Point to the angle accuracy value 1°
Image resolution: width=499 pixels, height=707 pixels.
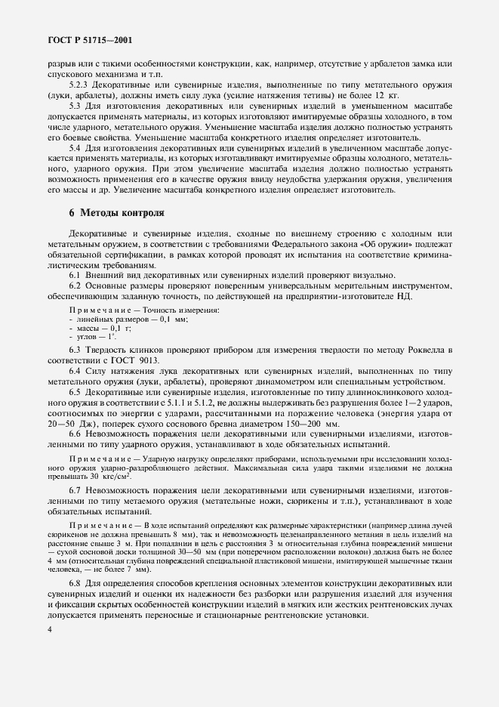pyautogui.click(x=112, y=337)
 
